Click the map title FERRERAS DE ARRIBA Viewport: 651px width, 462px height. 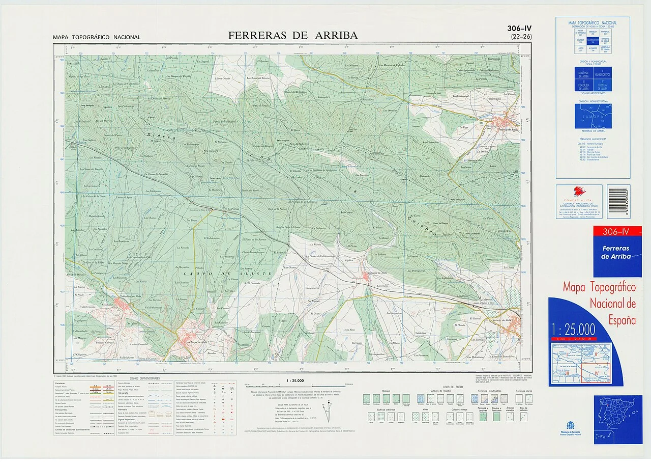tap(292, 35)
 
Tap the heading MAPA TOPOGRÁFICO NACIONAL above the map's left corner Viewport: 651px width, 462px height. tap(97, 37)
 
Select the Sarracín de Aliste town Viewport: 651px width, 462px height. tap(511, 321)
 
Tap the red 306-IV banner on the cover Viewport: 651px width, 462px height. tap(616, 232)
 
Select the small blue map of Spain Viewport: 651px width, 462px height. tap(617, 419)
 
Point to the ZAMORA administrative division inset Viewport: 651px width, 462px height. tap(593, 116)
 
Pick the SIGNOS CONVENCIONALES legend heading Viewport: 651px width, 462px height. tap(145, 378)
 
